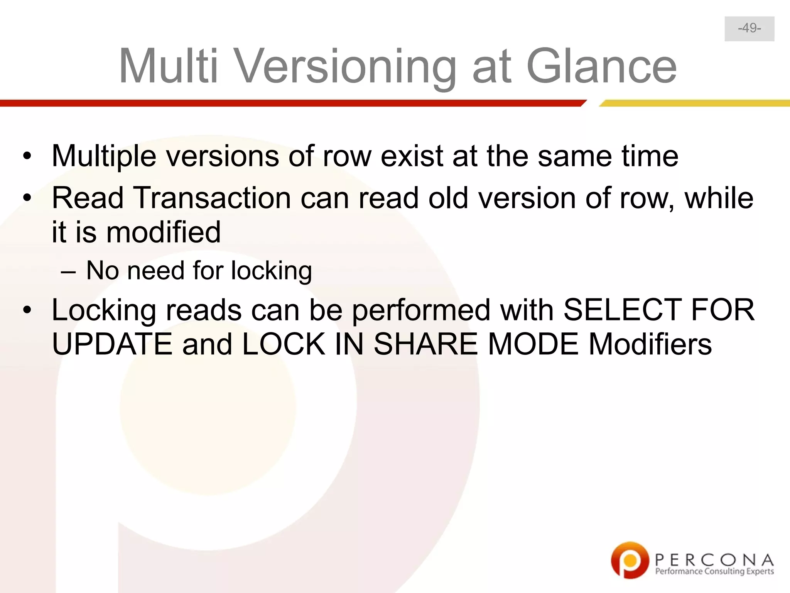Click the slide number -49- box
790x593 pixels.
click(x=749, y=29)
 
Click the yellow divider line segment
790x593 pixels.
click(x=694, y=103)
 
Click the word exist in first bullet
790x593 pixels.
click(x=412, y=156)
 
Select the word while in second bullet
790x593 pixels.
click(x=719, y=198)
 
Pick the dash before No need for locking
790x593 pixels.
click(x=68, y=271)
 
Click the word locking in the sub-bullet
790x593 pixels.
click(x=271, y=271)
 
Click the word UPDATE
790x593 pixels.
click(x=112, y=344)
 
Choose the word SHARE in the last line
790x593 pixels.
click(x=425, y=344)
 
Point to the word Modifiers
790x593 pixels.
click(x=650, y=344)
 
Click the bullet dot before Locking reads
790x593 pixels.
click(x=27, y=310)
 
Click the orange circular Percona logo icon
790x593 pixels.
click(x=629, y=560)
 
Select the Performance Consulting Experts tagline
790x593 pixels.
click(x=714, y=571)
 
